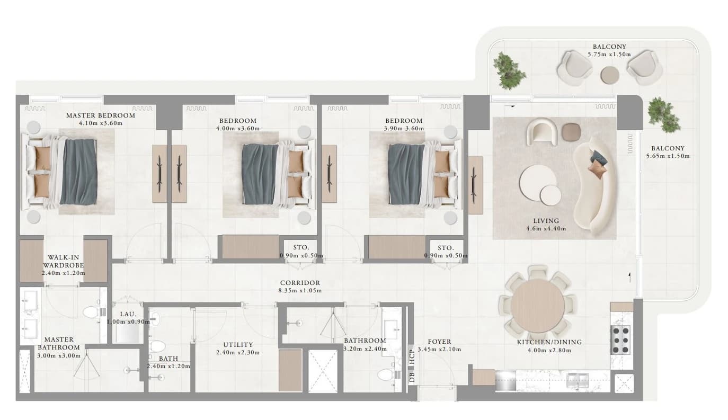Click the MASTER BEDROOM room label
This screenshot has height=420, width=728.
(x=101, y=115)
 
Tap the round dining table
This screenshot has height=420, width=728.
(x=538, y=306)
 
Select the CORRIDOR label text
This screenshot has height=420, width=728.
(x=300, y=283)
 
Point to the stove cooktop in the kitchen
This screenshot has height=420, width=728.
(x=621, y=340)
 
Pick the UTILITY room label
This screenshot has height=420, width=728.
(x=238, y=345)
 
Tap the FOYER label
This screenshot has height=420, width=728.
(x=439, y=342)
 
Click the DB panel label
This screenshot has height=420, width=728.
(x=412, y=377)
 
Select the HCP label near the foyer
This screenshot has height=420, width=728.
(x=412, y=356)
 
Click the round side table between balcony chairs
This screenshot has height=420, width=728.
(x=610, y=75)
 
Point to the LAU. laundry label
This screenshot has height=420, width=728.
(x=128, y=314)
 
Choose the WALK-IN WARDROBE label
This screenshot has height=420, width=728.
(x=64, y=262)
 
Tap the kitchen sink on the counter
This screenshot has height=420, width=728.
(x=578, y=380)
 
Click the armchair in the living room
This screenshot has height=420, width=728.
(x=542, y=131)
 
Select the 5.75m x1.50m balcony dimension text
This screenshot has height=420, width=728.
(x=609, y=55)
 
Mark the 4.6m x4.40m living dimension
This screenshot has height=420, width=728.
(x=546, y=229)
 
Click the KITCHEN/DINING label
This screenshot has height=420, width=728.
(x=549, y=342)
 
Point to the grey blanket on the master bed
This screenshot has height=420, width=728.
(x=78, y=172)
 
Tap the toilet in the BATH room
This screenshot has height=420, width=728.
(x=157, y=346)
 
